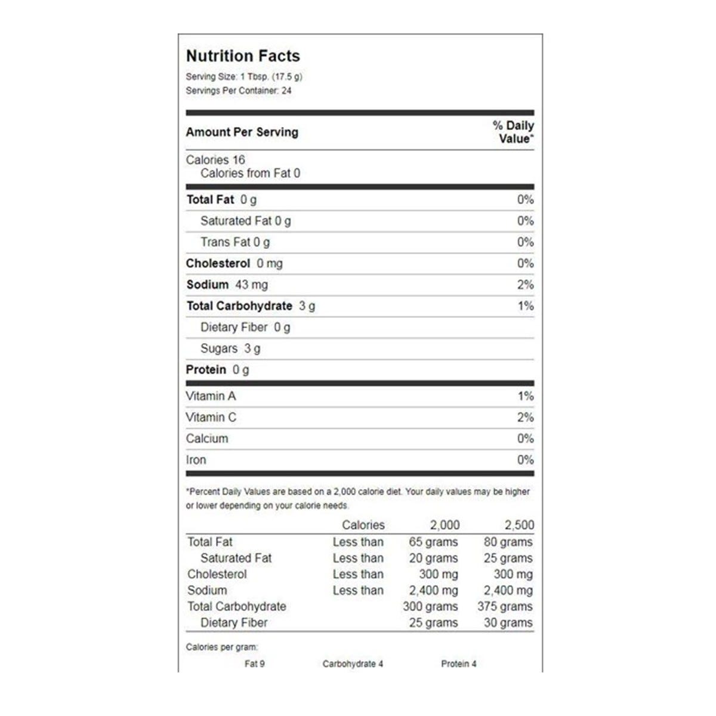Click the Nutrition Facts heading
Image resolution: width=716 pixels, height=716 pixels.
243,56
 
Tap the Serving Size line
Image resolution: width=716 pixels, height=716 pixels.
244,77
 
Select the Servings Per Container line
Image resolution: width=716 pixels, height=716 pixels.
239,91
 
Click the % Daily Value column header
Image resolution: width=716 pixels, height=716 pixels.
513,132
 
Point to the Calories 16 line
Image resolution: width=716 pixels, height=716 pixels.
215,160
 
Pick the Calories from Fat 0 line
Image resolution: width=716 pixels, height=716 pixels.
250,174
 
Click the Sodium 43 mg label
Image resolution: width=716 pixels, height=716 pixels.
227,285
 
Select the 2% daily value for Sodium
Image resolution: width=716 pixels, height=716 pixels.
525,285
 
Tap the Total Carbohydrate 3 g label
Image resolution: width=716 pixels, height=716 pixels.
251,306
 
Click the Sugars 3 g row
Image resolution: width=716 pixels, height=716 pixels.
230,348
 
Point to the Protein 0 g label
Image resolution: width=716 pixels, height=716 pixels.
217,370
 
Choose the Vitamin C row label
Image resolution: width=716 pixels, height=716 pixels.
211,418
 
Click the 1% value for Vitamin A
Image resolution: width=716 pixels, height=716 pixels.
525,396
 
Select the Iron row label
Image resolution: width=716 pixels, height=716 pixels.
196,460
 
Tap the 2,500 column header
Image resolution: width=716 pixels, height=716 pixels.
519,525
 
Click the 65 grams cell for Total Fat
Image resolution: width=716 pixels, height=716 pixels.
433,542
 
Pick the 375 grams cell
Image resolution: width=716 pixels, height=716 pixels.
505,606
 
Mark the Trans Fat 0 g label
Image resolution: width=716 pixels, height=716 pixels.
234,242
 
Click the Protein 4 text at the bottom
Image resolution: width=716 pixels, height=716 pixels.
458,663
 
